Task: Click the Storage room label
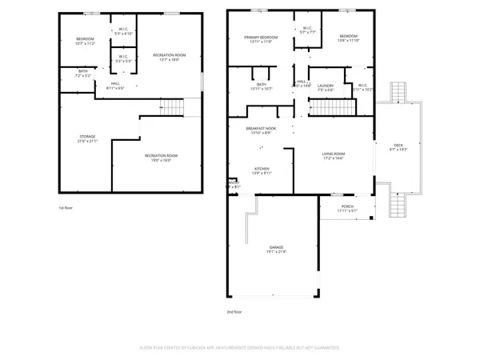tap(87, 137)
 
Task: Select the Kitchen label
tap(262, 169)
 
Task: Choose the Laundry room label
tap(325, 86)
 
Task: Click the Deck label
tap(398, 145)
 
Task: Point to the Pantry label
tap(234, 182)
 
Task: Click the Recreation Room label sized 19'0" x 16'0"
tap(161, 156)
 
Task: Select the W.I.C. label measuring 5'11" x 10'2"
tap(362, 86)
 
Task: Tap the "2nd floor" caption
tap(235, 311)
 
